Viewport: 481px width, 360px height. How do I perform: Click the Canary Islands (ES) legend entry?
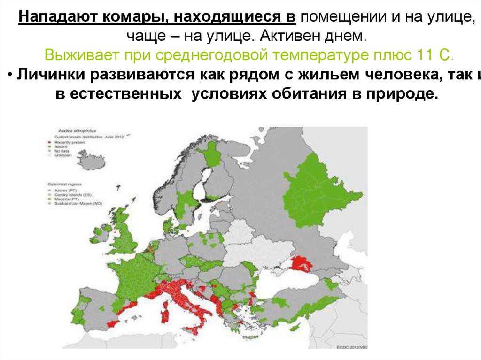(x=74, y=195)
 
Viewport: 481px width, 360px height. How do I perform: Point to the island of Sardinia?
(x=165, y=312)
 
